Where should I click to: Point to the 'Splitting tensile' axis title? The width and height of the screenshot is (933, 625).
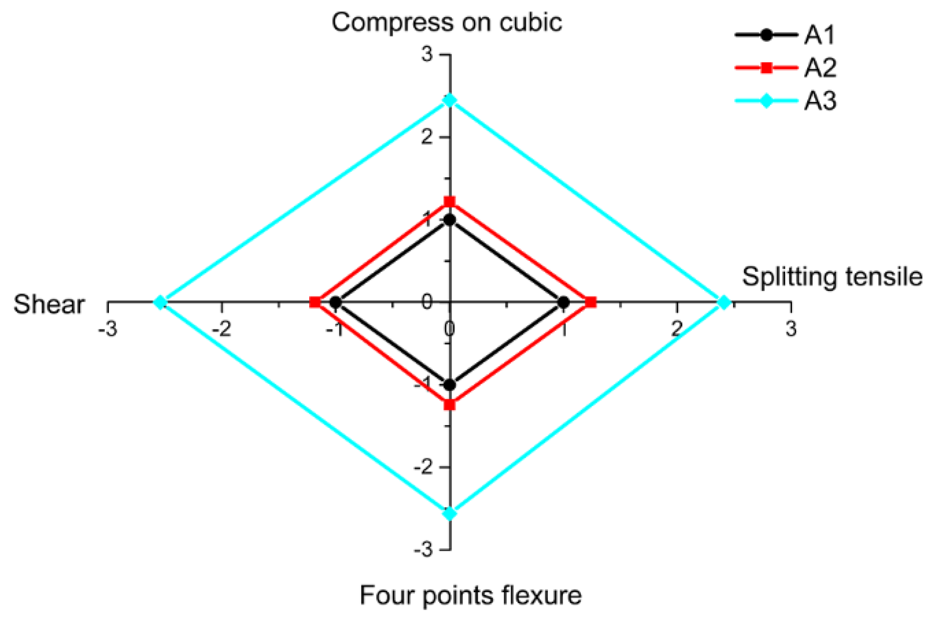[832, 276]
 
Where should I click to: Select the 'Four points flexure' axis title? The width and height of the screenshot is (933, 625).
[470, 595]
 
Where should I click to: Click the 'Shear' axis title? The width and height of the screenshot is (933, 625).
[49, 304]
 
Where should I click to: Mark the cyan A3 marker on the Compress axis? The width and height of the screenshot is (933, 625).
[450, 101]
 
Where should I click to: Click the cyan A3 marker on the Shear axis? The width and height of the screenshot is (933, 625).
[160, 302]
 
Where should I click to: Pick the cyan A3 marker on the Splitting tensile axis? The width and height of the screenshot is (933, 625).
[724, 302]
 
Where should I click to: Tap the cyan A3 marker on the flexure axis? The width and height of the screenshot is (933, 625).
[450, 514]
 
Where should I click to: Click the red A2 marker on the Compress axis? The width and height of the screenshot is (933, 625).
[450, 202]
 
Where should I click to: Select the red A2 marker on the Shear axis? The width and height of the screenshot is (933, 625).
[315, 302]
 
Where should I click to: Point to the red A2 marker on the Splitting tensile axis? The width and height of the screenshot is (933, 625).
[591, 302]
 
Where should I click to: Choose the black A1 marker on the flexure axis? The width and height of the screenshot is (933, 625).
[450, 385]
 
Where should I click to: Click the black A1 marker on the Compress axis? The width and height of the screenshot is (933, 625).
[450, 220]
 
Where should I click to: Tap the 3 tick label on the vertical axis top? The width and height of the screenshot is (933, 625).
[427, 55]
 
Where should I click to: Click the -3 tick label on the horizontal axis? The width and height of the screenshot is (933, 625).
[107, 329]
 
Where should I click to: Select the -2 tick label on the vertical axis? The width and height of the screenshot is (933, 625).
[423, 467]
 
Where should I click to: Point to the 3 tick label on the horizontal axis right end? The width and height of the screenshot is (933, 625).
[791, 329]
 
